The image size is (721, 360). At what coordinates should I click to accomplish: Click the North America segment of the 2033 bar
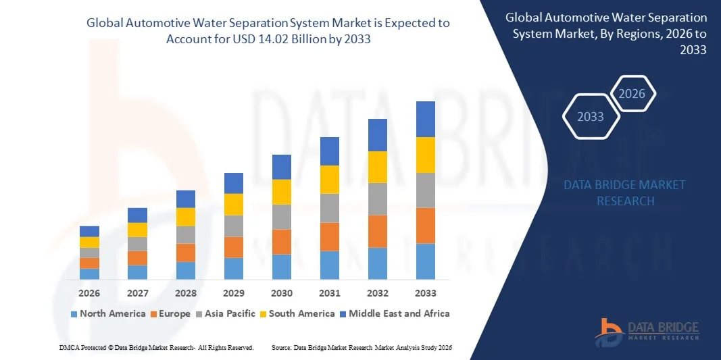pyautogui.click(x=425, y=261)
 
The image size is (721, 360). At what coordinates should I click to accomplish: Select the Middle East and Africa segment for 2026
pyautogui.click(x=89, y=231)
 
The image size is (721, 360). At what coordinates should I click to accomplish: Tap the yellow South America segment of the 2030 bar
pyautogui.click(x=282, y=192)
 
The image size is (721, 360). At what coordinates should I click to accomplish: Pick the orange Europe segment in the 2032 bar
pyautogui.click(x=377, y=231)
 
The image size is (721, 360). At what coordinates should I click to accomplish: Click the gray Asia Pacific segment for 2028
pyautogui.click(x=186, y=234)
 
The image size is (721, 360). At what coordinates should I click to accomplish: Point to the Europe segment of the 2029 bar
pyautogui.click(x=234, y=247)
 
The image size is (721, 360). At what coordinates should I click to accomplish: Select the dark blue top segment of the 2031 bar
pyautogui.click(x=330, y=151)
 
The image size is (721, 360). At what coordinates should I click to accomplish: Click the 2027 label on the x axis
pyautogui.click(x=137, y=294)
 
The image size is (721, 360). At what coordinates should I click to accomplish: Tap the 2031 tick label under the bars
pyautogui.click(x=330, y=294)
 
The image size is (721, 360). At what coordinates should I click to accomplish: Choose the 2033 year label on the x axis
pyautogui.click(x=425, y=294)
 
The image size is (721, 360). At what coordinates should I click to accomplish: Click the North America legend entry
pyautogui.click(x=108, y=313)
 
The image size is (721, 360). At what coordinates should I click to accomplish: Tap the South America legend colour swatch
pyautogui.click(x=264, y=314)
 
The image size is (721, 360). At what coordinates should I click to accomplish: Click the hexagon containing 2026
pyautogui.click(x=632, y=94)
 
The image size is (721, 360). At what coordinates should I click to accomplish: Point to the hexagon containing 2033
pyautogui.click(x=590, y=117)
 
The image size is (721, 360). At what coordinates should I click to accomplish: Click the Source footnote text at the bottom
pyautogui.click(x=361, y=347)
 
